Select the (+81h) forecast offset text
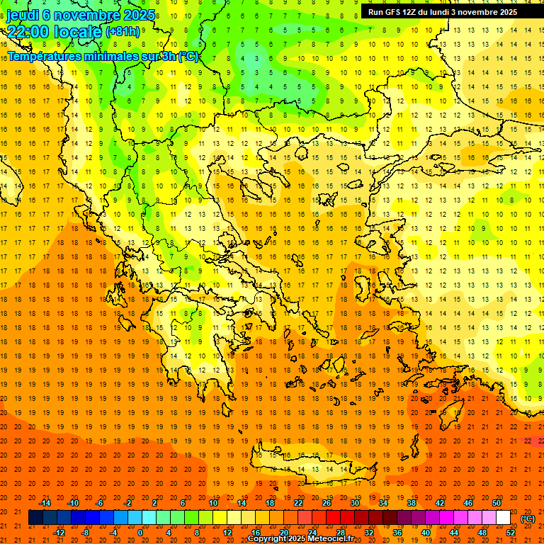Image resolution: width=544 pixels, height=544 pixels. click(123, 32)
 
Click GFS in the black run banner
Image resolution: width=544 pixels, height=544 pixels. click(397, 12)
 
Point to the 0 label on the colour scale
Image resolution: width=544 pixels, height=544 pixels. click(140, 533)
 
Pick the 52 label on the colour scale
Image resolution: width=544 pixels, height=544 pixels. click(511, 533)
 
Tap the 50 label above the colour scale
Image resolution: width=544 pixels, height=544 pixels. click(497, 503)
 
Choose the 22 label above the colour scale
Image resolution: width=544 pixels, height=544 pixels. click(298, 503)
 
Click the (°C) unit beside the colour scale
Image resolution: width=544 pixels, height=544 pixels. click(527, 518)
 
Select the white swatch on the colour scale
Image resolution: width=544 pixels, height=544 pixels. click(503, 518)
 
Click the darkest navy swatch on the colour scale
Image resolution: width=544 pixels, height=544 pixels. click(35, 518)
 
